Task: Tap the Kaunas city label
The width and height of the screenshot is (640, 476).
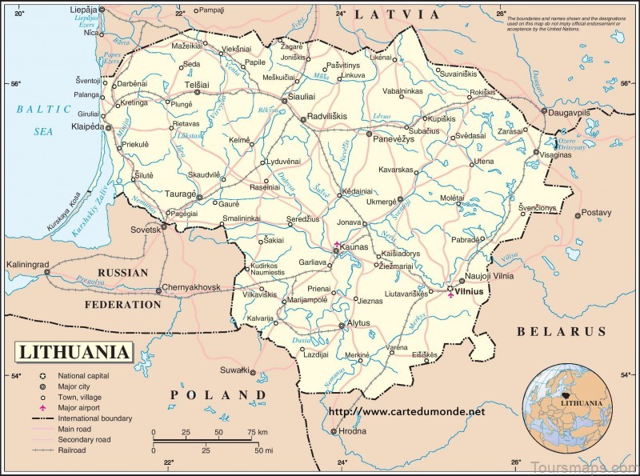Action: click(354, 248)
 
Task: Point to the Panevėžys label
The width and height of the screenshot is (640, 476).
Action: click(394, 138)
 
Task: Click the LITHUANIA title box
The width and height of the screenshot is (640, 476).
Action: click(74, 352)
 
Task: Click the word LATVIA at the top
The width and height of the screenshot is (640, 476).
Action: click(398, 14)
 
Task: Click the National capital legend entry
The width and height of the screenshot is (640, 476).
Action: click(88, 375)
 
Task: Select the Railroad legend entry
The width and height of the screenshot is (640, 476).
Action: click(73, 450)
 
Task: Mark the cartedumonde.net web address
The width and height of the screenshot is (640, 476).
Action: click(407, 412)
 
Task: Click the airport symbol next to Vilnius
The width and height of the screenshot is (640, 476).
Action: click(451, 298)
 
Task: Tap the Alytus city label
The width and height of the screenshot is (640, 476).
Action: click(358, 325)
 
